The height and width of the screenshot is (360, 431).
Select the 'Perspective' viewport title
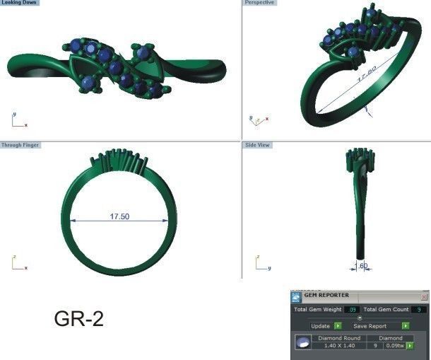260,4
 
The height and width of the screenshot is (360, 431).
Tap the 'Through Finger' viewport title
20,145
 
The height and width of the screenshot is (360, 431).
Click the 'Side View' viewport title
257,145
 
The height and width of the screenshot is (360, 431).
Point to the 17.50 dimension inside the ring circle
119,216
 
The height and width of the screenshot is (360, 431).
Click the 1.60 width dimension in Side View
360,267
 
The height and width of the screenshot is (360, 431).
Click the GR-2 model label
79,319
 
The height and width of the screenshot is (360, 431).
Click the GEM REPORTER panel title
327,296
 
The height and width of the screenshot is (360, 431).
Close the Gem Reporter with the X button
424,297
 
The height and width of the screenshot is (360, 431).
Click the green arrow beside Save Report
406,326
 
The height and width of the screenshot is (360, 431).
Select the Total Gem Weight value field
353,310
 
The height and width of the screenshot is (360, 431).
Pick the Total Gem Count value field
420,310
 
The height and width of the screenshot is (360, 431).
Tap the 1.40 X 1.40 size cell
339,346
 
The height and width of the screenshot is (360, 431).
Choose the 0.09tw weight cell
394,346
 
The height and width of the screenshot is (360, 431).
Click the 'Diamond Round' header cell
339,338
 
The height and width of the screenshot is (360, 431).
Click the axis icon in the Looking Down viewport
18,121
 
